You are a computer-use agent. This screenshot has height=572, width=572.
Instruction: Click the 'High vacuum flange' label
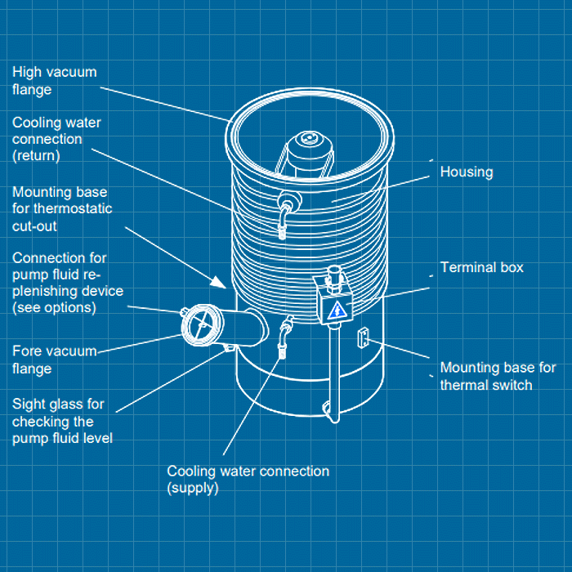[x=54, y=81]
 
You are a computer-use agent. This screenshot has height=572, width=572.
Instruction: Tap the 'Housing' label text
[x=467, y=172]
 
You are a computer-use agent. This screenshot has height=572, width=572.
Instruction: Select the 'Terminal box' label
[x=481, y=267]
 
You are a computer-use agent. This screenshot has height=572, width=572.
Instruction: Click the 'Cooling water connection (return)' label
[x=56, y=138]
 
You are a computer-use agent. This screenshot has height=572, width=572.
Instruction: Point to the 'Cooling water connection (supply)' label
[x=248, y=480]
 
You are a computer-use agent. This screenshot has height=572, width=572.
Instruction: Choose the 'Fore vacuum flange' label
[x=54, y=360]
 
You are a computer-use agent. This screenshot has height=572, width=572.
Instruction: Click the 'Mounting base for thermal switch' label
[x=498, y=376]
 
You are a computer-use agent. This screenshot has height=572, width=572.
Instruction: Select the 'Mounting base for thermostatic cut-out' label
[x=62, y=209]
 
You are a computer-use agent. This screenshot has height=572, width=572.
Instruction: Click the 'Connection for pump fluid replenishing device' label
[x=67, y=283]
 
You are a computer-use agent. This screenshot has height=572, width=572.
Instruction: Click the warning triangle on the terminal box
[x=336, y=310]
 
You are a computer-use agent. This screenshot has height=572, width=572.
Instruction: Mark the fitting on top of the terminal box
[x=333, y=277]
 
